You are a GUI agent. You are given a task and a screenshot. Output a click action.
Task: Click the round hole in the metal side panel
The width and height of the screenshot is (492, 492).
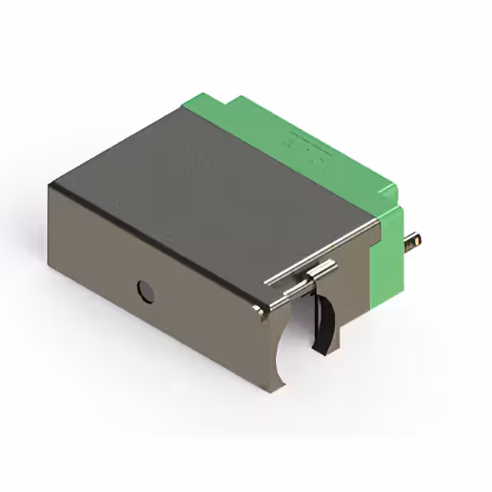pos(145,291)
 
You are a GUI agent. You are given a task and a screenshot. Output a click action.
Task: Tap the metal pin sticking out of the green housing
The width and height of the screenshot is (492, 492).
pos(414,242)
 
